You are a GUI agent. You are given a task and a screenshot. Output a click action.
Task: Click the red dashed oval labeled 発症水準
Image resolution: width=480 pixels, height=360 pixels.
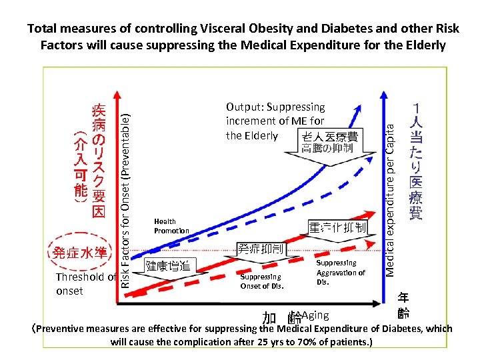(79, 253)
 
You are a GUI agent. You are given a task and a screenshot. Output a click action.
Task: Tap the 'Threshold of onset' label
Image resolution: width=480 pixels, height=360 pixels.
(85, 284)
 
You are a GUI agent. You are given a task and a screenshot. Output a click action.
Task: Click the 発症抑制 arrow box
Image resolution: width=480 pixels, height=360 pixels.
(261, 250)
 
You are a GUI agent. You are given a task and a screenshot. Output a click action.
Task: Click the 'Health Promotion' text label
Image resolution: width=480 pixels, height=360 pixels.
(171, 226)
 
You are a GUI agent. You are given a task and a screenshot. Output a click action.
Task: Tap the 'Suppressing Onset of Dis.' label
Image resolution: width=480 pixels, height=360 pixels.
(261, 281)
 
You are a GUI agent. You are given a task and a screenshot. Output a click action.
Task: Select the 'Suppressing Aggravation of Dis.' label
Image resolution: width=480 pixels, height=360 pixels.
(340, 272)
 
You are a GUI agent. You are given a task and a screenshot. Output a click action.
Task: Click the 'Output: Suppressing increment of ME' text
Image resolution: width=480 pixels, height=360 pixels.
(275, 121)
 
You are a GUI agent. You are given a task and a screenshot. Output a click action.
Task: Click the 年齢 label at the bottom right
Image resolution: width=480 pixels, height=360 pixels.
(404, 305)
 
